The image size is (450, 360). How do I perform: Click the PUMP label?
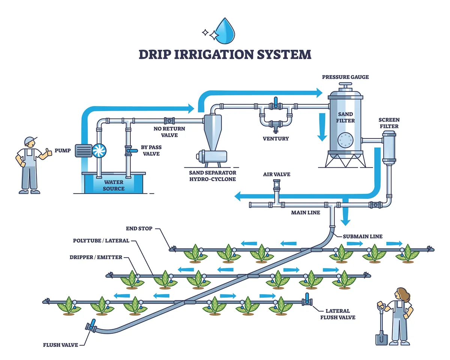pyautogui.click(x=62, y=150)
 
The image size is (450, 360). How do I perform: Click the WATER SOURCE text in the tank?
pyautogui.click(x=114, y=185)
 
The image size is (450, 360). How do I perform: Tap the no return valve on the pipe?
pyautogui.click(x=169, y=121)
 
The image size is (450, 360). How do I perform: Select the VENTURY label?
pyautogui.click(x=276, y=139)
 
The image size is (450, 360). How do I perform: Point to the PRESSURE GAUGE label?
pyautogui.click(x=345, y=77)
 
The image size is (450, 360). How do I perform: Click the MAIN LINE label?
pyautogui.click(x=306, y=213)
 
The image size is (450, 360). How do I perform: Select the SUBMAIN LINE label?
pyautogui.click(x=362, y=236)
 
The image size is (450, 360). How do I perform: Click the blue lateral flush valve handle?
pyautogui.click(x=307, y=298)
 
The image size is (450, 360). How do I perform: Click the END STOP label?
pyautogui.click(x=139, y=228)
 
